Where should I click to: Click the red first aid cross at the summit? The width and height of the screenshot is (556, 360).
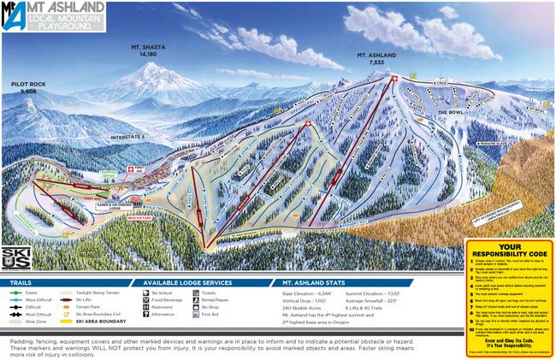click(393, 79)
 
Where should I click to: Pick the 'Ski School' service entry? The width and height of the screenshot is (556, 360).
click(163, 292)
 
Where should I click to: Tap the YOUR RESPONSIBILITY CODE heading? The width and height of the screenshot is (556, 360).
click(509, 252)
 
